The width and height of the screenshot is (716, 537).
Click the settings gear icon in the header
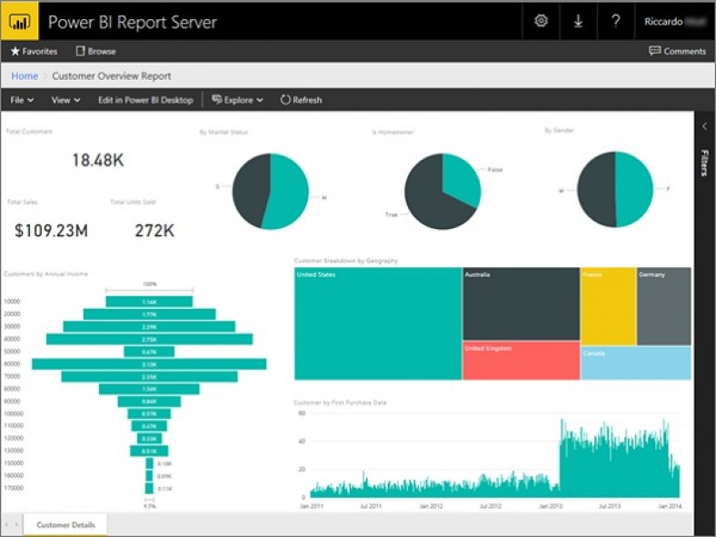(542, 21)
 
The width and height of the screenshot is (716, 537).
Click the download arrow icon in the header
(578, 21)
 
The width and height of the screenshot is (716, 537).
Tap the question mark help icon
(615, 21)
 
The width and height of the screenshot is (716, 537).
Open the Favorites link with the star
(34, 52)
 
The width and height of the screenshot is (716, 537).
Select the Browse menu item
(95, 52)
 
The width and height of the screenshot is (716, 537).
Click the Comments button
(677, 52)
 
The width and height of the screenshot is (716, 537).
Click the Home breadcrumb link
(25, 76)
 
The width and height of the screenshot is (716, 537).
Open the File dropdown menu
(22, 100)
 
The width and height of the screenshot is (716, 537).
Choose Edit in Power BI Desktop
(145, 100)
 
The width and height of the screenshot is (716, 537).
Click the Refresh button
(301, 100)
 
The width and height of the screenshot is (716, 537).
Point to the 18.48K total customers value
(97, 160)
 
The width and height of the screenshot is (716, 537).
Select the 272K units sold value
(154, 231)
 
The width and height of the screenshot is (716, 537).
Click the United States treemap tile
(377, 323)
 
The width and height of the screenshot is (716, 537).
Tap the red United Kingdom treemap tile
(521, 361)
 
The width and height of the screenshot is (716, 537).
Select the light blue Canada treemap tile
(635, 363)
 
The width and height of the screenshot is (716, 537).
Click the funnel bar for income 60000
(149, 363)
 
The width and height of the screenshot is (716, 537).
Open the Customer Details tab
(65, 524)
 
